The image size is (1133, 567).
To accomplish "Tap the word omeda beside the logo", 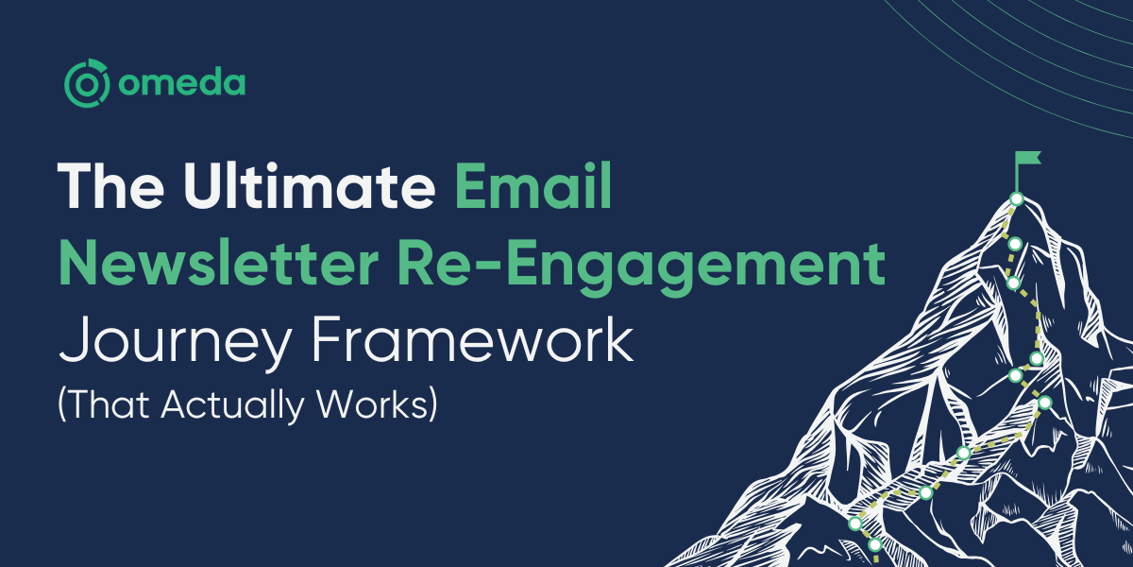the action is coord(181,83).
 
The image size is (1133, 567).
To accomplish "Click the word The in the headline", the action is coord(110,185).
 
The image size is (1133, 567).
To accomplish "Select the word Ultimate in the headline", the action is coord(309,185).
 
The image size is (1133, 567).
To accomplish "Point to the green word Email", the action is coord(533,185).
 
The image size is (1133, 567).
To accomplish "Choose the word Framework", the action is coord(472,337).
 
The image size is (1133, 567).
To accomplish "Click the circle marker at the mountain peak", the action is coord(1016,199).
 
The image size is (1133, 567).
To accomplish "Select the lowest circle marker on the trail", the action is coord(875,544).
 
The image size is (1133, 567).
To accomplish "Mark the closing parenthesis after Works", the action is coord(433,404).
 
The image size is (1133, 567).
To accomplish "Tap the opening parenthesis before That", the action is coord(61,404).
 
